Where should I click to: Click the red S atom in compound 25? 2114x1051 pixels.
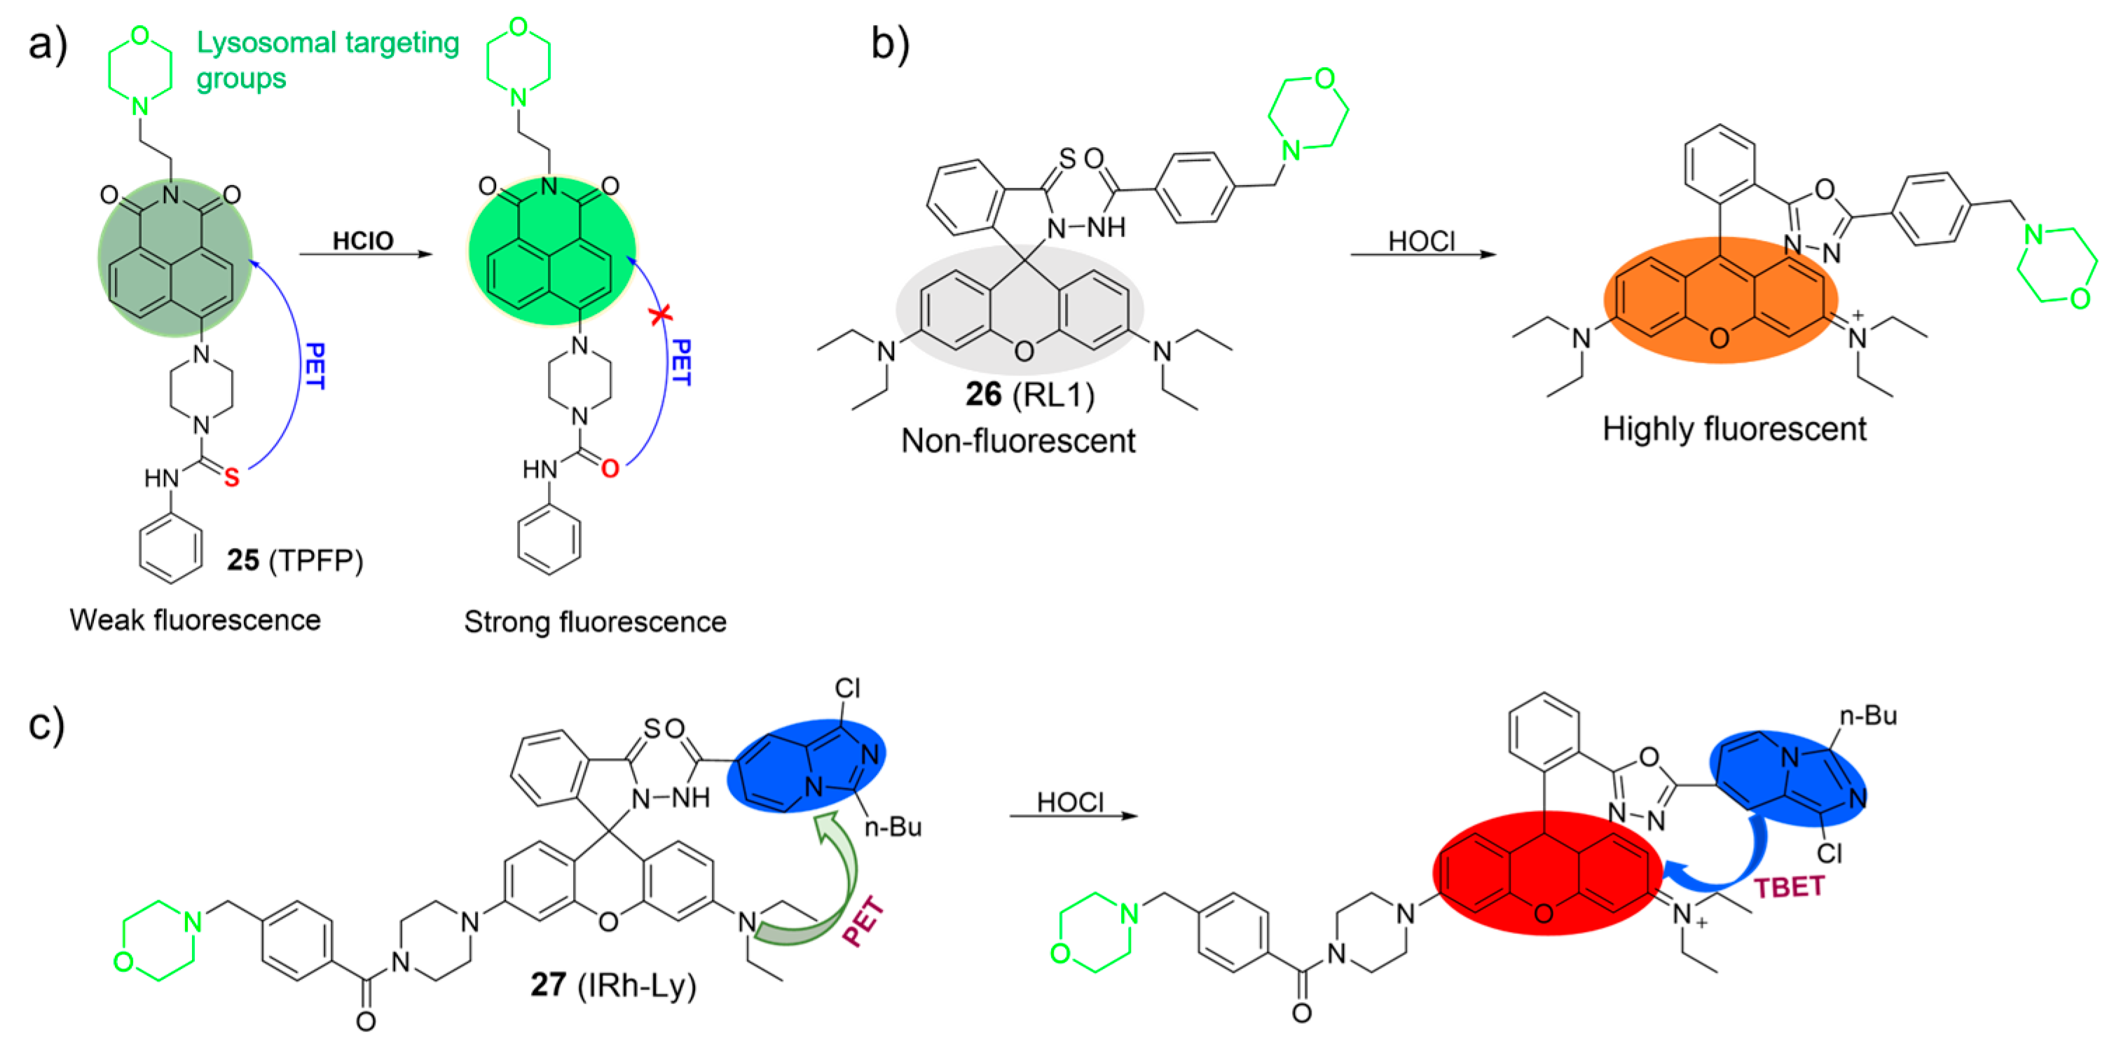tap(231, 476)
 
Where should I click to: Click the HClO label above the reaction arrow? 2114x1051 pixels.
tap(363, 240)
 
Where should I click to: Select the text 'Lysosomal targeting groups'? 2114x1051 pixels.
tap(327, 60)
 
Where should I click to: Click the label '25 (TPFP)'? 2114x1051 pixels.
tap(294, 560)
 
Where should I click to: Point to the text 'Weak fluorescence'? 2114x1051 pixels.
tap(195, 619)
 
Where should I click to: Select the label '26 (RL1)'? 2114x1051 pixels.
tap(1029, 394)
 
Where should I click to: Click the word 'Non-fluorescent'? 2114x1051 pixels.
tap(1017, 441)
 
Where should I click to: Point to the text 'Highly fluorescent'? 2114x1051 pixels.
tap(1734, 429)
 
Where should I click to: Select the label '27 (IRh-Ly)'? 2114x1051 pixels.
tap(613, 984)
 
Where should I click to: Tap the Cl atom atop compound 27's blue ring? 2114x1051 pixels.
tap(847, 687)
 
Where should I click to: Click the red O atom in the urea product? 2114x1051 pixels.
tap(610, 469)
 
